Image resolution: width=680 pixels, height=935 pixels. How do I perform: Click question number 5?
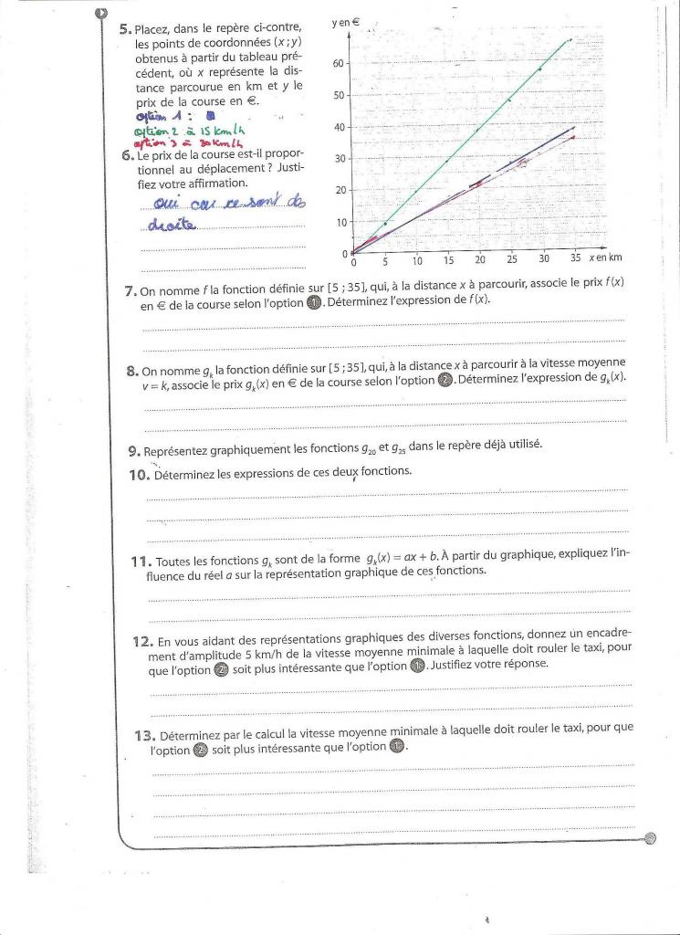point(125,29)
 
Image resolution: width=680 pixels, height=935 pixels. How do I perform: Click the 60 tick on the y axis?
point(339,64)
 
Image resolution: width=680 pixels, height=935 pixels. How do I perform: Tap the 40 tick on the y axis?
point(339,127)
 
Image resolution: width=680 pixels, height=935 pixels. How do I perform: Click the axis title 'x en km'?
point(604,258)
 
